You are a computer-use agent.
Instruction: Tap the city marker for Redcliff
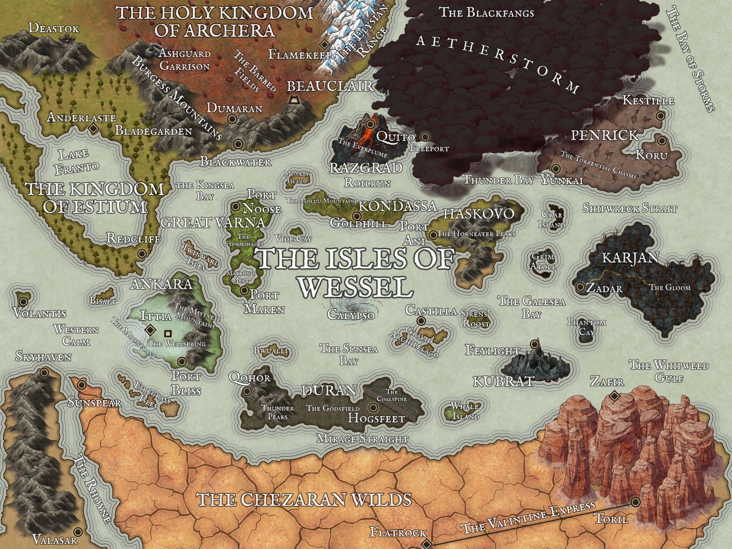142,254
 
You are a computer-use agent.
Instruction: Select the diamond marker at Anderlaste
93,129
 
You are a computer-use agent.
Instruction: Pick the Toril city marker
635,502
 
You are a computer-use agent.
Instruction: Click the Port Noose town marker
236,206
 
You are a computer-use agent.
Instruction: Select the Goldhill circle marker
356,216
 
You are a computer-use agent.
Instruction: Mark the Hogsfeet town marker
374,407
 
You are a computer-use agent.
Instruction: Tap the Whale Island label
465,411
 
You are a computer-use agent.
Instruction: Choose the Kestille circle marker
661,115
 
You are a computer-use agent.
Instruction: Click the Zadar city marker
580,287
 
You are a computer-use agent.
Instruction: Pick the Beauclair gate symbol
295,100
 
